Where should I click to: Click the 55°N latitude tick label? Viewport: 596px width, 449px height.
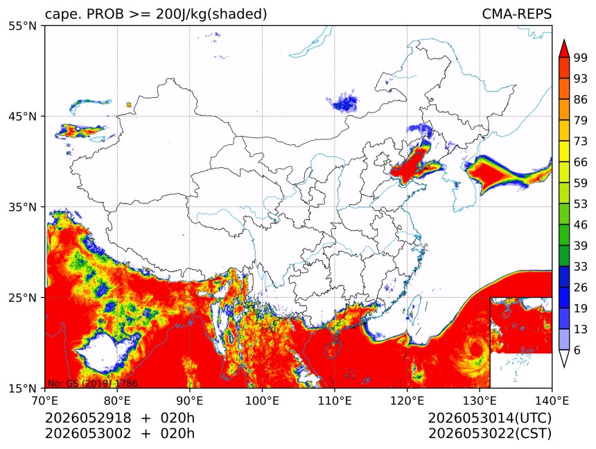[22, 26]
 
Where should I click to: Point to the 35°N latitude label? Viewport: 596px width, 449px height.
[22, 207]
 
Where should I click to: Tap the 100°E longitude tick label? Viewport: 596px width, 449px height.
[262, 400]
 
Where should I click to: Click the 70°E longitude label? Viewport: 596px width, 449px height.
[45, 400]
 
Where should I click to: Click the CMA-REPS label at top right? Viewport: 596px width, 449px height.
[516, 14]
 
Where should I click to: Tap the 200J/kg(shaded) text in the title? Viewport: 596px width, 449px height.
[211, 15]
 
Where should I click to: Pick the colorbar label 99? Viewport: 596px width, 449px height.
[581, 58]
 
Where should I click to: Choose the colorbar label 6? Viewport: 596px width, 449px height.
[577, 350]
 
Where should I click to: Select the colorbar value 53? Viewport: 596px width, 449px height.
[581, 204]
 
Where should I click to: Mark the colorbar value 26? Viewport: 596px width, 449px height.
[581, 287]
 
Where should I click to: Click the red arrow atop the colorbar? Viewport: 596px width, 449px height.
[563, 49]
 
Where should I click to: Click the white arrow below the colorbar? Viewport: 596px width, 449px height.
[563, 358]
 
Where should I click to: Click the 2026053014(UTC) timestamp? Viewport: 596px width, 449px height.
[489, 418]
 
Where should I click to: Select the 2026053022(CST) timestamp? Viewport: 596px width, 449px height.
[489, 434]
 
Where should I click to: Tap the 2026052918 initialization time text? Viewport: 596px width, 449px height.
[88, 418]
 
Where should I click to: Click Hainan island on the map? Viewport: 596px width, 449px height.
[332, 348]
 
